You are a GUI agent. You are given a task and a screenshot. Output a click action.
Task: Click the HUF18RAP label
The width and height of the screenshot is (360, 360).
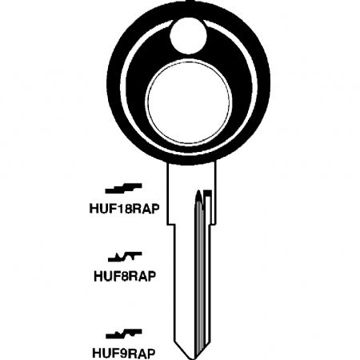[x=124, y=209]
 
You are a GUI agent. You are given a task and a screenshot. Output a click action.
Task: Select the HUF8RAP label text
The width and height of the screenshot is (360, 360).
[x=125, y=277]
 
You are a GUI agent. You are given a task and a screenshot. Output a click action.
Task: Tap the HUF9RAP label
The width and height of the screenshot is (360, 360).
[x=124, y=353]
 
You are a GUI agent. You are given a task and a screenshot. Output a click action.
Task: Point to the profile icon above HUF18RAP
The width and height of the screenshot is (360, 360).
[x=123, y=189]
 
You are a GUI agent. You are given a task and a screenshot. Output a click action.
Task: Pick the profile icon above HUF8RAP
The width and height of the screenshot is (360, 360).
[x=125, y=257]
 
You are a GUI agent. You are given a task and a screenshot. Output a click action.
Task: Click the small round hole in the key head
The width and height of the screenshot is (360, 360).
[x=188, y=37]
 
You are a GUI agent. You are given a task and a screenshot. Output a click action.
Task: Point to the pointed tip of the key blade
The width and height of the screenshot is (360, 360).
[x=189, y=358]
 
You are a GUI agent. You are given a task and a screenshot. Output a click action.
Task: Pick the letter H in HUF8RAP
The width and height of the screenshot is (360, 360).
[x=98, y=277]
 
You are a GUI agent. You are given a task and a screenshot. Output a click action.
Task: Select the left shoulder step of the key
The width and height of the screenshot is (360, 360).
[x=170, y=225]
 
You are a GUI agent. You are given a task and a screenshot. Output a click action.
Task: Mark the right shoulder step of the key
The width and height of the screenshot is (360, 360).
[x=214, y=225]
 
